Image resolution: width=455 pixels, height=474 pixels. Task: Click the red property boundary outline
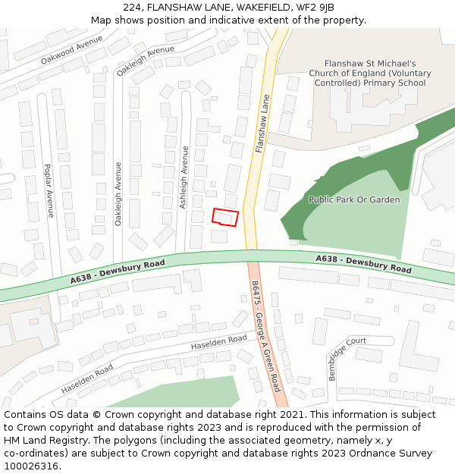[x=224, y=217]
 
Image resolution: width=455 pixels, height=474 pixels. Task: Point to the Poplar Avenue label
[x=49, y=190]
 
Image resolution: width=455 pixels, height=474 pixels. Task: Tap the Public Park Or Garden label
[x=353, y=199]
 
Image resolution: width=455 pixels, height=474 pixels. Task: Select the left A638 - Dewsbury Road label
[x=118, y=272]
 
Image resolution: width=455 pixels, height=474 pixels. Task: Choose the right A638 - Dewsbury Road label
[x=363, y=264]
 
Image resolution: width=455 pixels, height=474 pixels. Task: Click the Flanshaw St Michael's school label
[x=369, y=74]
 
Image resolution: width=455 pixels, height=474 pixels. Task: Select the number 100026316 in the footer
[x=31, y=466]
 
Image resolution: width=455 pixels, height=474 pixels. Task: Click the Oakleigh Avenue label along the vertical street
[x=118, y=193]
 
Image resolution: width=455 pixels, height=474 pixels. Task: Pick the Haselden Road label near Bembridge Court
[x=219, y=343]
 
